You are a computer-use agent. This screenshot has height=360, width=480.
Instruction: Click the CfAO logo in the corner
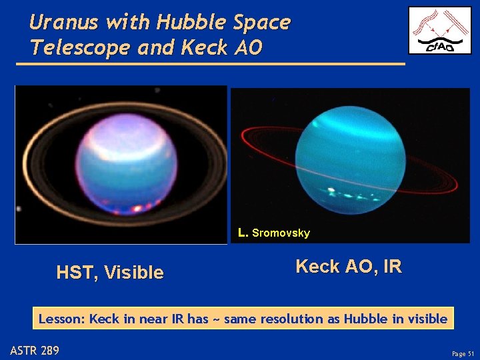[439, 31]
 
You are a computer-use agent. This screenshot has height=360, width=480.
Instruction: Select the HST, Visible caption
[110, 272]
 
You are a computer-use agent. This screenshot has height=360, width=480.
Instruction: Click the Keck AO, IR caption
[348, 267]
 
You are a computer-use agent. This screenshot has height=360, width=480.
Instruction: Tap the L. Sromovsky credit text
[274, 233]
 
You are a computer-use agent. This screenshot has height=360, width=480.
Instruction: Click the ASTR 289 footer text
[35, 349]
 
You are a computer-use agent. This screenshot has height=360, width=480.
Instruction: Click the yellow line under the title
[210, 64]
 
